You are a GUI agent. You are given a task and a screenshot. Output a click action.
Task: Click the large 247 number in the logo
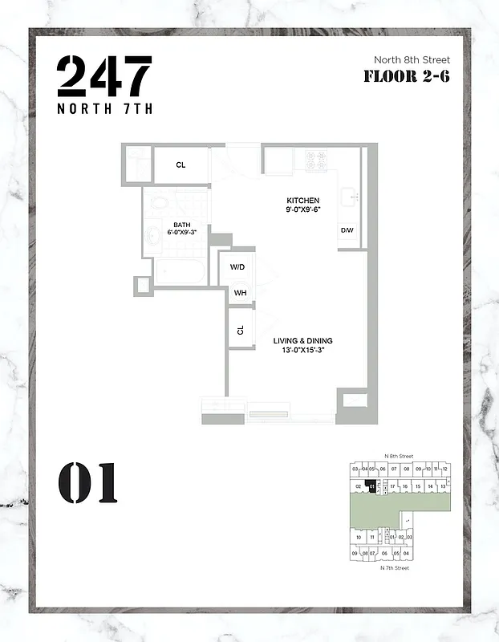coord(104,77)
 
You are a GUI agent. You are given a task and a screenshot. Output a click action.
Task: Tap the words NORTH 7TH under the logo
coord(104,110)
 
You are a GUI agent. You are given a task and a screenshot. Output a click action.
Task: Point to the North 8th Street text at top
coord(412,59)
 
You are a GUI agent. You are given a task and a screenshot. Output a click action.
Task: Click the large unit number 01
coord(87,483)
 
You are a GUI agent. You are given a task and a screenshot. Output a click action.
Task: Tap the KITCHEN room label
coord(303,200)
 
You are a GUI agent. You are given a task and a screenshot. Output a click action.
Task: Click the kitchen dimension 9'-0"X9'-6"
coord(303,209)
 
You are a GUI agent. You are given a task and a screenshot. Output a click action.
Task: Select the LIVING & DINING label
coord(302,341)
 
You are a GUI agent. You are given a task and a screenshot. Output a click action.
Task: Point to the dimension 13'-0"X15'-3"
coord(302,351)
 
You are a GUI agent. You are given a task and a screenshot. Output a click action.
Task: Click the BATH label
coord(181,225)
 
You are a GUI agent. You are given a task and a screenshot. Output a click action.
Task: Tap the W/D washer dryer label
coord(237,266)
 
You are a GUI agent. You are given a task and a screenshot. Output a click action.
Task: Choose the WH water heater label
coord(239,293)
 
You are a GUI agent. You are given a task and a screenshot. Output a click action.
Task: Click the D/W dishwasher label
coord(347,231)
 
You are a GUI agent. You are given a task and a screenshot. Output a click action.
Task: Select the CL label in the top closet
coord(181,165)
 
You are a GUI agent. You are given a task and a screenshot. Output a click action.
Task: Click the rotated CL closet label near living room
coord(239,330)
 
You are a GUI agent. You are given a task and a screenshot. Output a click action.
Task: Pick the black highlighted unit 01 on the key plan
coord(371,486)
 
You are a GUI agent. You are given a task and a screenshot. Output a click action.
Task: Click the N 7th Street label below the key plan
coord(395,568)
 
